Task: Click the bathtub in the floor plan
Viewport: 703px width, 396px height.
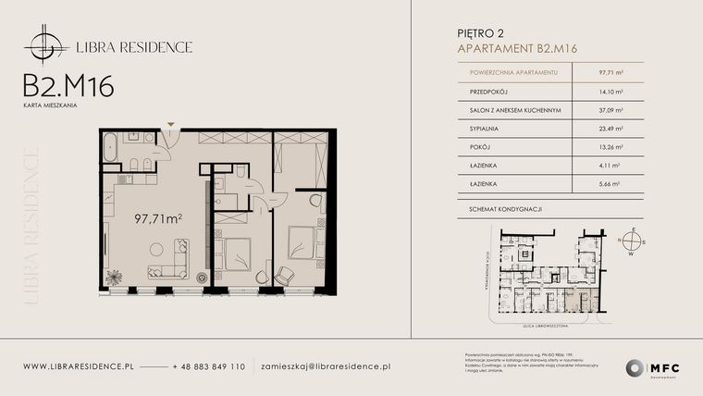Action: click(x=110, y=147)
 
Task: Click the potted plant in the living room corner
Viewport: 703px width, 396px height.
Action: click(x=116, y=276)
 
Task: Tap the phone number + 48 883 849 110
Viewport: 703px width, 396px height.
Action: click(x=209, y=366)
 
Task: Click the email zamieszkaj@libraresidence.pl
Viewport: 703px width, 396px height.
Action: click(x=326, y=366)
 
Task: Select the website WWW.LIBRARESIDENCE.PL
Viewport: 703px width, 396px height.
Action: click(x=80, y=366)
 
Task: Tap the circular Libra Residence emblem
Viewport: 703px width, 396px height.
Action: click(x=43, y=45)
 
